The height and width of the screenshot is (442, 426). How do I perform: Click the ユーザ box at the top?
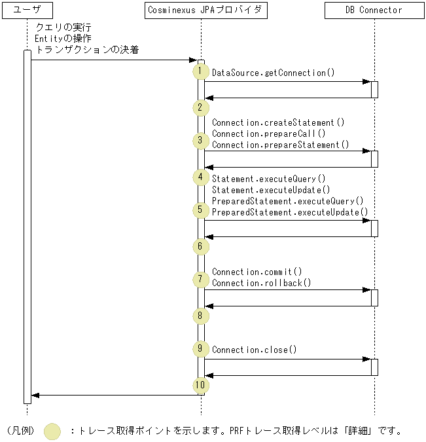click(x=27, y=10)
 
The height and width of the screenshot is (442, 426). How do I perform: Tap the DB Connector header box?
click(x=374, y=10)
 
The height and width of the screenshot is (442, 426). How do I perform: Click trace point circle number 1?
click(x=200, y=71)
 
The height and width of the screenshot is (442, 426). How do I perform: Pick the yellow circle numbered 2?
click(x=200, y=107)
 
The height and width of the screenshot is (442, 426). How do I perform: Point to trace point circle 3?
click(x=200, y=141)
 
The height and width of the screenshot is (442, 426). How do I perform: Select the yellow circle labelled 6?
click(x=200, y=246)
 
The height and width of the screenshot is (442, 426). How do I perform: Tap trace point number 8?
click(x=200, y=316)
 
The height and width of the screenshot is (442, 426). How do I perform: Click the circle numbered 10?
click(x=200, y=385)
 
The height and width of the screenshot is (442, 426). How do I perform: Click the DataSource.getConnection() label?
click(x=273, y=73)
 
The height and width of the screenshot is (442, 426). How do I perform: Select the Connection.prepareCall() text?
click(x=268, y=134)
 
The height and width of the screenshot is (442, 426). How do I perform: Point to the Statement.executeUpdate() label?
click(x=271, y=190)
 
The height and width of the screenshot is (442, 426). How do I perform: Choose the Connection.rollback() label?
click(x=262, y=283)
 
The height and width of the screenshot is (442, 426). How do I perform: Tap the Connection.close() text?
click(x=254, y=350)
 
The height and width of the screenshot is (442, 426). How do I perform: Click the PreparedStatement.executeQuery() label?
click(x=287, y=201)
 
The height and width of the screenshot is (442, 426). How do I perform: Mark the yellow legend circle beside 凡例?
click(x=52, y=431)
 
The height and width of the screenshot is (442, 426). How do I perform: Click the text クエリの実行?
click(x=63, y=27)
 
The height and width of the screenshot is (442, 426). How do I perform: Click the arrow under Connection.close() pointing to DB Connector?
click(x=287, y=359)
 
